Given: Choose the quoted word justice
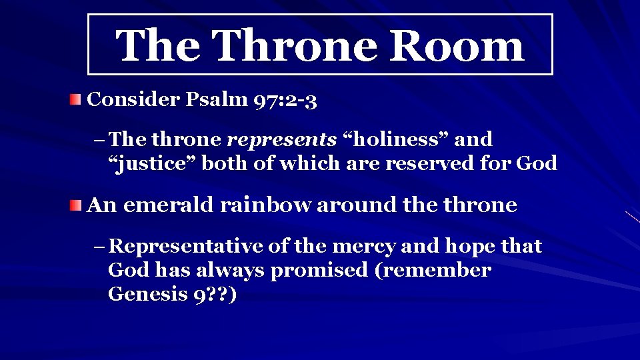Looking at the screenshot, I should pyautogui.click(x=151, y=163).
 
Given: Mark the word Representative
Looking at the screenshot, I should pyautogui.click(x=186, y=247).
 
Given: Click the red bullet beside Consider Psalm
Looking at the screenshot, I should pyautogui.click(x=77, y=100).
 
